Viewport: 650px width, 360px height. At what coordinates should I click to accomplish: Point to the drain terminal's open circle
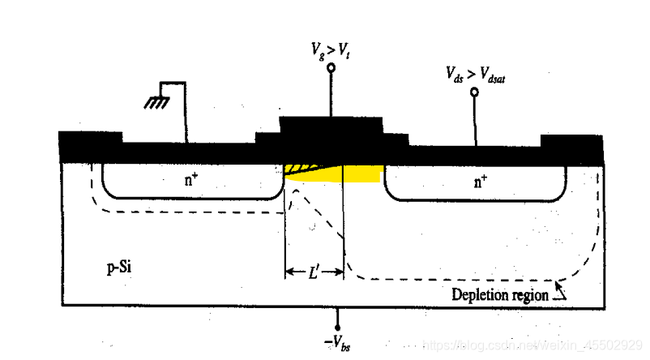[x=475, y=92]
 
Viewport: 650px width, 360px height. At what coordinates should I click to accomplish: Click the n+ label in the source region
[x=190, y=180]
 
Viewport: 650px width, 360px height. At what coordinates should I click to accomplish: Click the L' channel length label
[x=315, y=273]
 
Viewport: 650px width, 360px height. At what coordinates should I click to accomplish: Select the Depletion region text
[x=499, y=294]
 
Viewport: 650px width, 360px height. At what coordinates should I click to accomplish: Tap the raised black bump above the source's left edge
[x=91, y=137]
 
